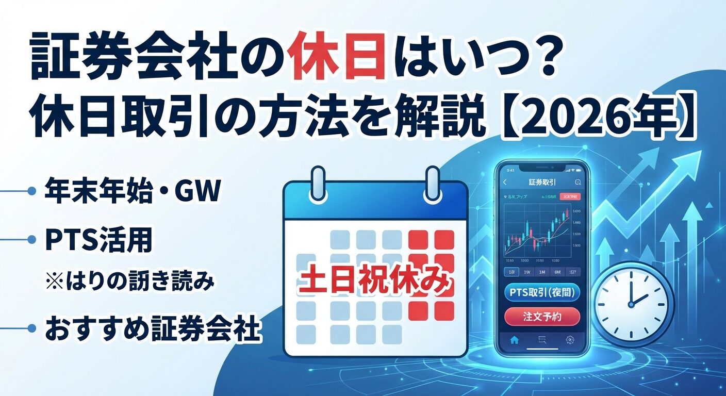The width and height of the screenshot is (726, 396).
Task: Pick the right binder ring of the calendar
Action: [x=431, y=183]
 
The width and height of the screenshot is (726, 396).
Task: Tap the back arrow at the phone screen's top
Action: [x=505, y=182]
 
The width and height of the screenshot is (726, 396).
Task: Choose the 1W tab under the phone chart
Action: [x=526, y=272]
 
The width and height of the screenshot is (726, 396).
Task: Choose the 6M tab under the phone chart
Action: [x=556, y=272]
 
